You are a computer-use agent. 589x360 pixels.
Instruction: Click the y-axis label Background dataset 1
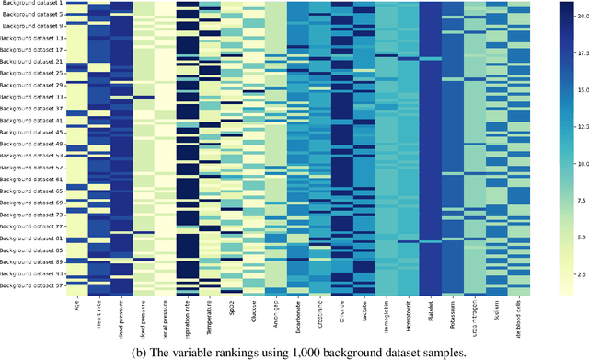32,4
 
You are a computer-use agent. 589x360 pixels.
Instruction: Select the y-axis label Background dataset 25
32,73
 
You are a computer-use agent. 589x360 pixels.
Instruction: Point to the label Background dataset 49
32,144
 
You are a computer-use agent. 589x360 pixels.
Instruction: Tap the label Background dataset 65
32,191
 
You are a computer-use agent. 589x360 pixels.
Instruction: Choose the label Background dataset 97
32,285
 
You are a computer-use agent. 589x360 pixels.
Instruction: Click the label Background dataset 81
32,238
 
